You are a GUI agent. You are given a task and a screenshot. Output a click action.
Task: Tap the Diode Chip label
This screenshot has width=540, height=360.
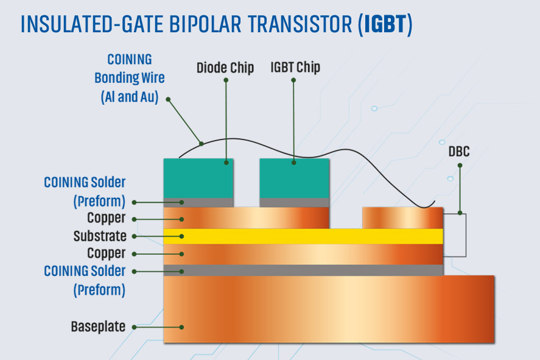click(225, 68)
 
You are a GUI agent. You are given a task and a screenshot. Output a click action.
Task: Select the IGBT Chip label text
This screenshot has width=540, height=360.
click(295, 68)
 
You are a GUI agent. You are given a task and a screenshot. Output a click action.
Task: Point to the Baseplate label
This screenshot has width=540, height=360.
click(98, 326)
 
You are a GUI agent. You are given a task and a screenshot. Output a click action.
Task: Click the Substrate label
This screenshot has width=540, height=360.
click(99, 236)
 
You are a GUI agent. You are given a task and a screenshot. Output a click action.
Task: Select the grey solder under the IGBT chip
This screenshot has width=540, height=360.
click(294, 202)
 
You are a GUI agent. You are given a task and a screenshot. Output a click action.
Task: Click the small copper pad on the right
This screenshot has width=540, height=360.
click(402, 217)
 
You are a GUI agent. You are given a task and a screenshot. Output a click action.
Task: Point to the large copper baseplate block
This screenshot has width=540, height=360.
click(329, 309)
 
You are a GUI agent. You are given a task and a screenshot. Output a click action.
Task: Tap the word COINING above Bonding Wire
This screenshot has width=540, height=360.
click(129, 60)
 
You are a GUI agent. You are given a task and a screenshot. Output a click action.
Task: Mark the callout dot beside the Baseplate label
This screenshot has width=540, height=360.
click(135, 327)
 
